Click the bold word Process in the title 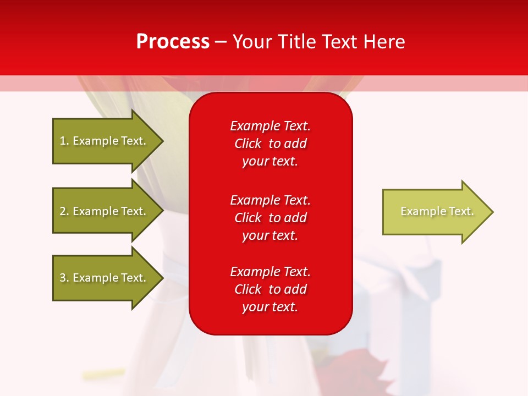click(x=173, y=42)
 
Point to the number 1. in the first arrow click(x=64, y=141)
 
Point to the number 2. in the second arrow click(x=64, y=212)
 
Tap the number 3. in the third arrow click(x=64, y=278)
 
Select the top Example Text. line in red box click(x=270, y=126)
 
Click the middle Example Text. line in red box click(x=270, y=200)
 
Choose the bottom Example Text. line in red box click(x=270, y=272)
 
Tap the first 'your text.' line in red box click(x=270, y=162)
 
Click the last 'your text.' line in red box click(x=270, y=307)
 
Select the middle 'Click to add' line click(x=270, y=218)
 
